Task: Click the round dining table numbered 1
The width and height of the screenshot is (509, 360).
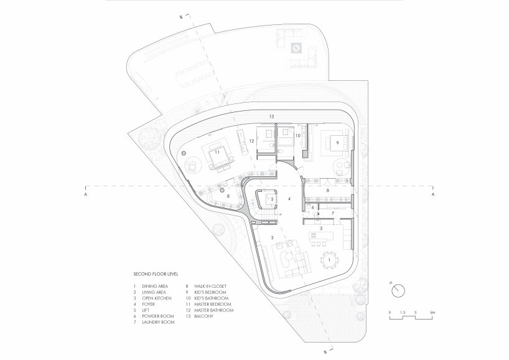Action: (x=330, y=260)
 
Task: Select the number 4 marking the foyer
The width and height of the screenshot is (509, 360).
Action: (x=289, y=199)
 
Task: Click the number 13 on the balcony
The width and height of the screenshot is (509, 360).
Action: (x=271, y=116)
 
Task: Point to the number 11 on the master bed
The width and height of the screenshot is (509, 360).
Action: (x=218, y=151)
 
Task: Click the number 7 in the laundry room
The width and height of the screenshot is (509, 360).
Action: (x=332, y=213)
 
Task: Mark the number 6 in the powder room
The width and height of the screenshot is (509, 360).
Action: (x=313, y=207)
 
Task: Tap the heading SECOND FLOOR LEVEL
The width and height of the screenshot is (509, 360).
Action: (x=154, y=274)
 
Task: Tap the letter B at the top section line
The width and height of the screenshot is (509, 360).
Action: (x=180, y=17)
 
